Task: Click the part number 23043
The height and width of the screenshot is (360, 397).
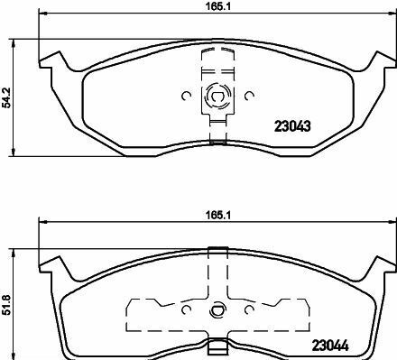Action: tap(292, 126)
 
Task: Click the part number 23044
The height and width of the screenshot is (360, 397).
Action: tap(330, 346)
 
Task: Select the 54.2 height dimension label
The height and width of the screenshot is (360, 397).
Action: tap(6, 97)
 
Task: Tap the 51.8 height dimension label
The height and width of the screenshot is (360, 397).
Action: tap(6, 305)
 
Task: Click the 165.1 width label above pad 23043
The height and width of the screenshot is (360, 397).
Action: tap(218, 7)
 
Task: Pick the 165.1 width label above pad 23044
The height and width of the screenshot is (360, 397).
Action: tap(218, 216)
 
